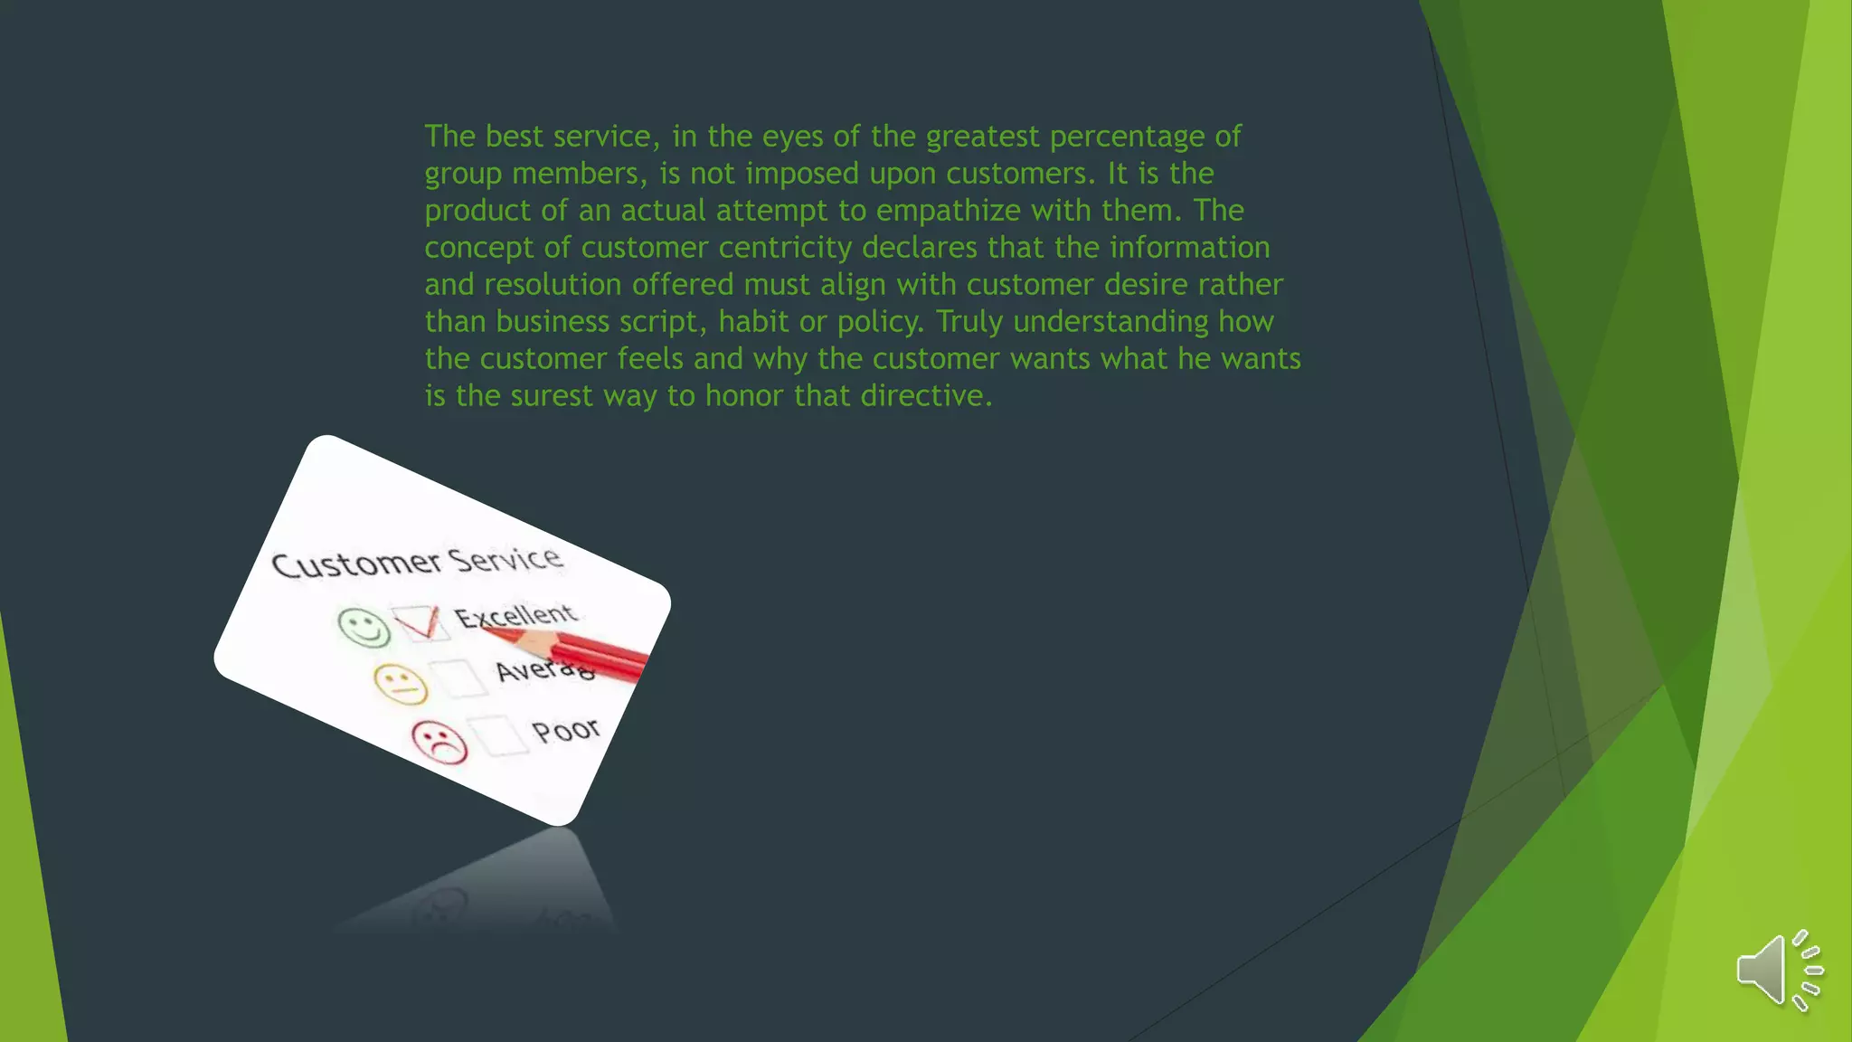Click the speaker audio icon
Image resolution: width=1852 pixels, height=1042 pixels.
coord(1777,970)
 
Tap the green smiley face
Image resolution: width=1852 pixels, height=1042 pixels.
coord(364,627)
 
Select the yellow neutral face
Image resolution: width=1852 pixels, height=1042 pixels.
coord(401,684)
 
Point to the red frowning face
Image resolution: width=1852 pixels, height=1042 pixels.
coord(439,741)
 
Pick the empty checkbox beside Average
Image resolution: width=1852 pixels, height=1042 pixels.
coord(458,677)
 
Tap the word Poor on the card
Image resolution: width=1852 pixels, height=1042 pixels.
coord(566,729)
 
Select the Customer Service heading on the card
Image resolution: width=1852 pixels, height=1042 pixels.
coord(417,562)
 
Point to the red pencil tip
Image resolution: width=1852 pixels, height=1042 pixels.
coord(493,630)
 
